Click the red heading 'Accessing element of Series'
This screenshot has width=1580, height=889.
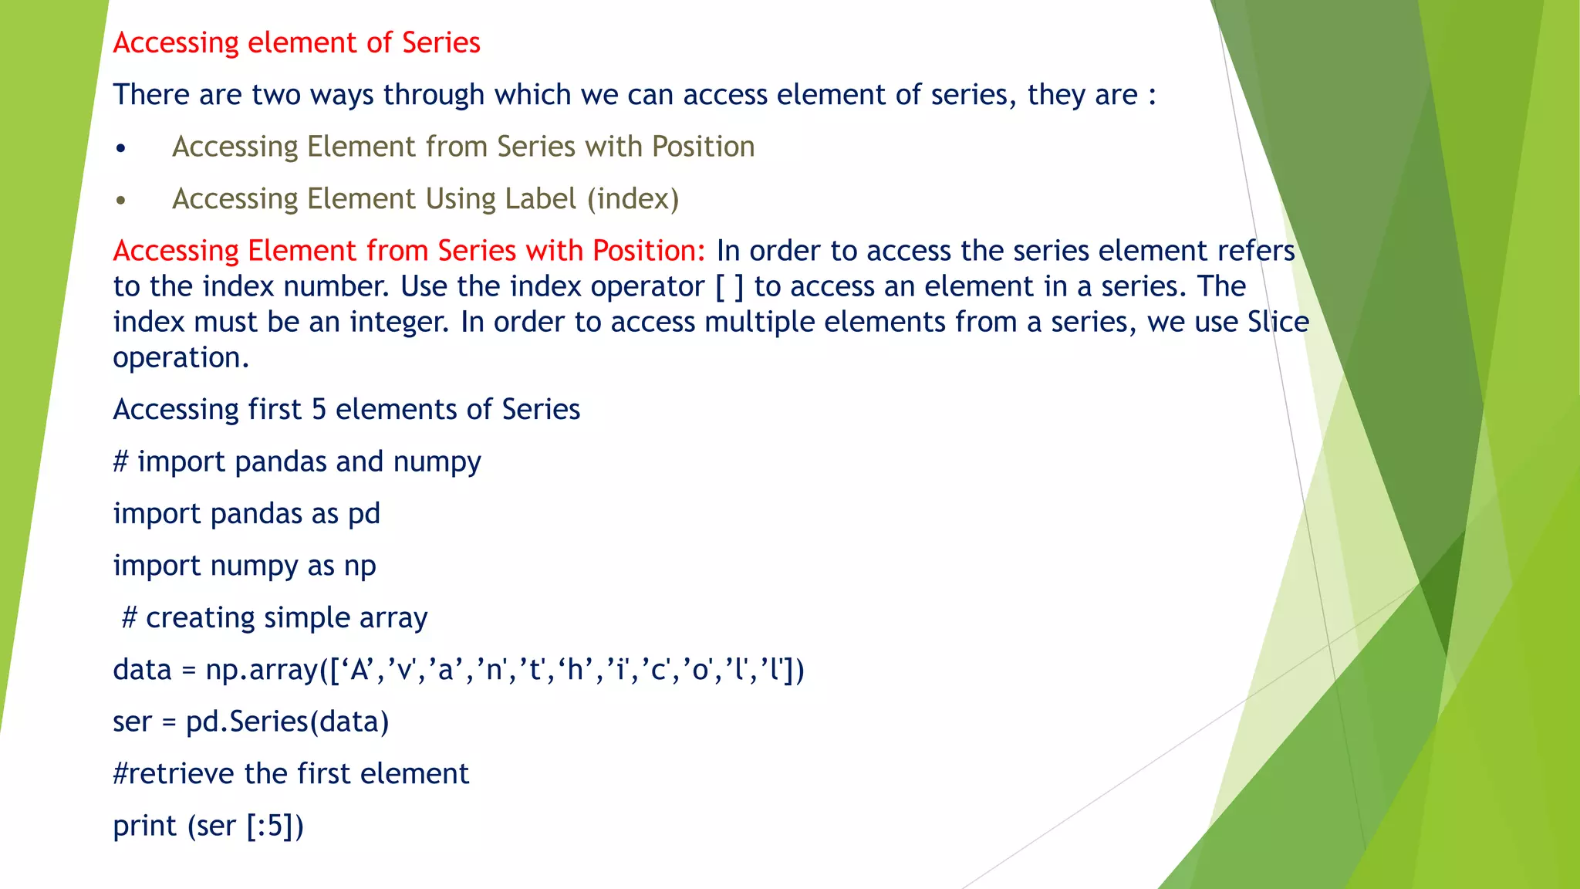pos(296,42)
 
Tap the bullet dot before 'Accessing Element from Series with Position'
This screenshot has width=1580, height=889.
pos(120,148)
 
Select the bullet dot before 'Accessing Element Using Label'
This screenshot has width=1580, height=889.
pos(120,201)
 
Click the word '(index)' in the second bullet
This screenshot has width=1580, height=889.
pos(633,199)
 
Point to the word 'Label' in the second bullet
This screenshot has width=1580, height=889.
pos(540,199)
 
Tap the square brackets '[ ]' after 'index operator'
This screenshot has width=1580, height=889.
pos(729,287)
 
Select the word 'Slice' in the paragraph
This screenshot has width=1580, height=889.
pos(1278,322)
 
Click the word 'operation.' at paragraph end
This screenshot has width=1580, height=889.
pos(181,358)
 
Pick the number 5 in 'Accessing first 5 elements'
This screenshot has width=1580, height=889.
pos(319,410)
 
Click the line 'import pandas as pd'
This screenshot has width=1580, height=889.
pos(246,514)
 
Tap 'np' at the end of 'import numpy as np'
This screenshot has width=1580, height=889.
pos(360,566)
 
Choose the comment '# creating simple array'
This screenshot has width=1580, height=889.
pos(275,618)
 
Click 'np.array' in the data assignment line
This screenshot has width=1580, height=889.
pos(262,670)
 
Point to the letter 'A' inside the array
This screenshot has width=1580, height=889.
pos(359,670)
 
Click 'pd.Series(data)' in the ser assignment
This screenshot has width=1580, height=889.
pos(287,722)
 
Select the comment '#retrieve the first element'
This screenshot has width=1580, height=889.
pos(291,774)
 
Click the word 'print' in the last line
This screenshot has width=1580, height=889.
pos(145,826)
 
